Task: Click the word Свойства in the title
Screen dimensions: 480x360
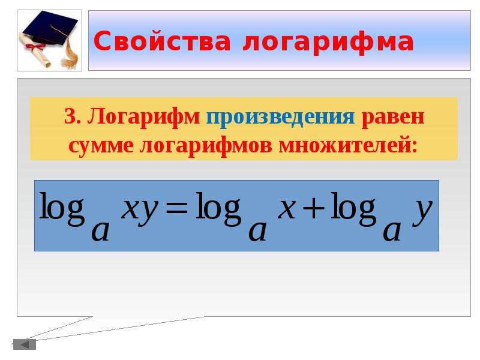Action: pos(162,41)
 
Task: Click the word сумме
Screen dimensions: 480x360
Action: pos(101,146)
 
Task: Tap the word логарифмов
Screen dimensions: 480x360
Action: pos(206,146)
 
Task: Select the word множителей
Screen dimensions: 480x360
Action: pos(348,145)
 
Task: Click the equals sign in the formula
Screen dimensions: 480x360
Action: pos(176,208)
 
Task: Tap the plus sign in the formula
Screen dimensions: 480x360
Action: pos(313,208)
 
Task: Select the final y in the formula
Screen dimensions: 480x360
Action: pos(422,211)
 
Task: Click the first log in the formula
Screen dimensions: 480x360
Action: pos(62,209)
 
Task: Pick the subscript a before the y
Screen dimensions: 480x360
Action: pos(392,232)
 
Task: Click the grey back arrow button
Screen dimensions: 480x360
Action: pos(25,344)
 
